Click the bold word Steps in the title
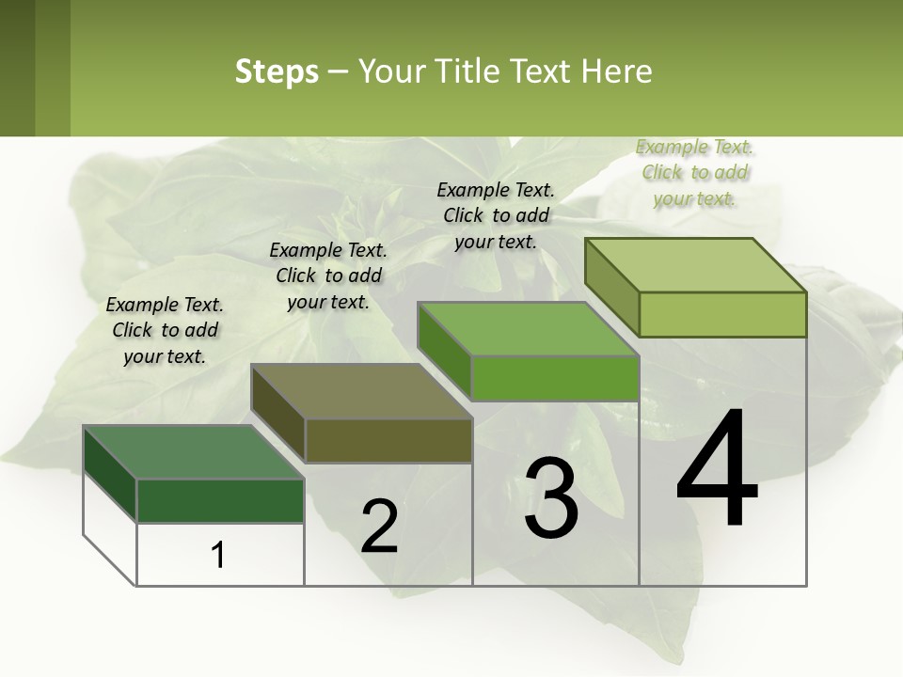pyautogui.click(x=276, y=71)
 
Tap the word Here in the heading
pyautogui.click(x=617, y=71)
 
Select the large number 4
pyautogui.click(x=717, y=469)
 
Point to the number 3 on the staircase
pyautogui.click(x=551, y=498)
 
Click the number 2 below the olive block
pyautogui.click(x=379, y=527)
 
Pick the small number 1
pyautogui.click(x=217, y=555)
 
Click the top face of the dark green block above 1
pyautogui.click(x=193, y=452)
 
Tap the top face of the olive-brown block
pyautogui.click(x=361, y=391)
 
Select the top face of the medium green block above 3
pyautogui.click(x=528, y=329)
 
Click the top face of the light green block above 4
pyautogui.click(x=696, y=265)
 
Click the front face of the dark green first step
pyautogui.click(x=220, y=500)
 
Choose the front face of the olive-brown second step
pyautogui.click(x=388, y=440)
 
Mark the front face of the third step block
pyautogui.click(x=555, y=378)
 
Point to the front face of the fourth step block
pyautogui.click(x=722, y=314)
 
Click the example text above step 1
pyautogui.click(x=165, y=330)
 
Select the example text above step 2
pyautogui.click(x=328, y=276)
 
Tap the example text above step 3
pyautogui.click(x=496, y=215)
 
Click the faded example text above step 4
pyautogui.click(x=694, y=172)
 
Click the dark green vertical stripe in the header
pyautogui.click(x=17, y=68)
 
